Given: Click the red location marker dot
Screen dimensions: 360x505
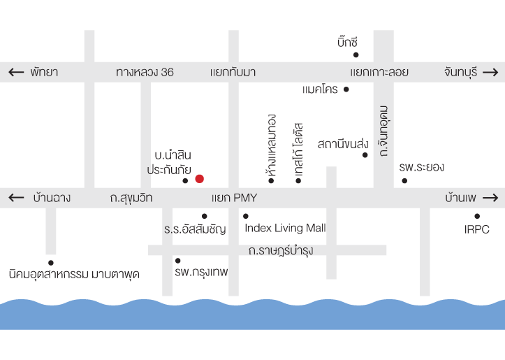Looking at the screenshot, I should (x=199, y=179).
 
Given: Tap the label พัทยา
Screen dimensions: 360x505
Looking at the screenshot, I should (x=44, y=73).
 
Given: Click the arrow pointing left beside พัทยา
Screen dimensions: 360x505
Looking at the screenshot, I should (x=16, y=73).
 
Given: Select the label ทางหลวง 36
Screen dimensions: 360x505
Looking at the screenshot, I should (x=145, y=73).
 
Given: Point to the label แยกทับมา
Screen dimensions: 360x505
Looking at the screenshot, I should (x=233, y=73).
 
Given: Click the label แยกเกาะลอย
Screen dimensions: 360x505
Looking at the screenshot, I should (x=379, y=73).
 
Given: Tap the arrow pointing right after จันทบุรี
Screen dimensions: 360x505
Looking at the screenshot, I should (x=490, y=73).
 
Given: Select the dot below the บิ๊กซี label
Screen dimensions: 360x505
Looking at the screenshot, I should (x=356, y=54).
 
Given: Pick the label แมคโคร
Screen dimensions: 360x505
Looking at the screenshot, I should (x=320, y=90).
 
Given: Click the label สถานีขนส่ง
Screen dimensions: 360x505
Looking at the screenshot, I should (x=342, y=144).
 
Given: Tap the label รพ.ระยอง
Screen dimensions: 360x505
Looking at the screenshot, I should (x=421, y=168).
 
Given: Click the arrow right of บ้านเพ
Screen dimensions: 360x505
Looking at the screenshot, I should (x=490, y=198).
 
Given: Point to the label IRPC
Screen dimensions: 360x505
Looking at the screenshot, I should (x=477, y=229).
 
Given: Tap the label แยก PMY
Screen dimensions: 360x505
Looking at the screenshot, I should (x=234, y=199).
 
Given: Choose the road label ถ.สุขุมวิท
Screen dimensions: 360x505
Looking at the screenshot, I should (x=131, y=199).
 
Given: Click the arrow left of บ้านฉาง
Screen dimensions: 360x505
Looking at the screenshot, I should (x=16, y=199).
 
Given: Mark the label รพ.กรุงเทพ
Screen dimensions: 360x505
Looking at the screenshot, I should (x=202, y=271).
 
